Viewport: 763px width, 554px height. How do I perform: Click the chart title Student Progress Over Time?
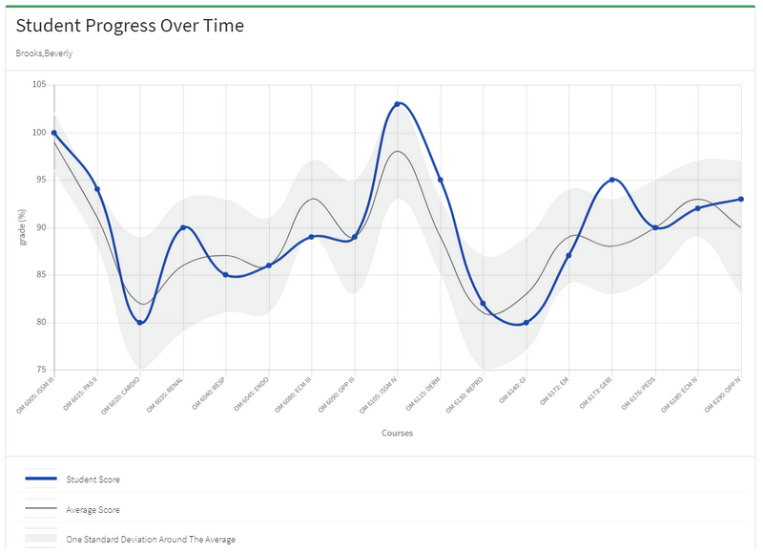[130, 26]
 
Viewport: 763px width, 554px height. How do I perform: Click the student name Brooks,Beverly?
[44, 53]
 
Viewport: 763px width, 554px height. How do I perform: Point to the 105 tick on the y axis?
[38, 85]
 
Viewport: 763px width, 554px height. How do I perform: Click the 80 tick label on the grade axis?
[40, 323]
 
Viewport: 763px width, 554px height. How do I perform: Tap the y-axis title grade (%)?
[23, 227]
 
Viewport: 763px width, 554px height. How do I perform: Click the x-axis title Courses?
[397, 433]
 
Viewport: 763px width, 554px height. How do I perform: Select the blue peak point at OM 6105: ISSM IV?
[398, 104]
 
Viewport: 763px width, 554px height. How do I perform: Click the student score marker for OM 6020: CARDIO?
[140, 323]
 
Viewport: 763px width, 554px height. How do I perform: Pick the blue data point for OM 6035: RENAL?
[183, 227]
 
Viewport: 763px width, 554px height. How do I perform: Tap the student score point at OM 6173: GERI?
[612, 180]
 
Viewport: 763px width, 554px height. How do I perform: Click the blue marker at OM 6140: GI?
[526, 323]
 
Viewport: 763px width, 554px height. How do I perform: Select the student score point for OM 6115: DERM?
[441, 180]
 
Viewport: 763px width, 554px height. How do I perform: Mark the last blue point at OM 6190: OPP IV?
[741, 199]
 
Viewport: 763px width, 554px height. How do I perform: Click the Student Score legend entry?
[93, 479]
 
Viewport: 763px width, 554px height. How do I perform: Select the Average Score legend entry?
[93, 510]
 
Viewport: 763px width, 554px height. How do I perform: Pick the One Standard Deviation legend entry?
[150, 540]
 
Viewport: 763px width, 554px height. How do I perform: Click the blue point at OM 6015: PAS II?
[97, 189]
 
